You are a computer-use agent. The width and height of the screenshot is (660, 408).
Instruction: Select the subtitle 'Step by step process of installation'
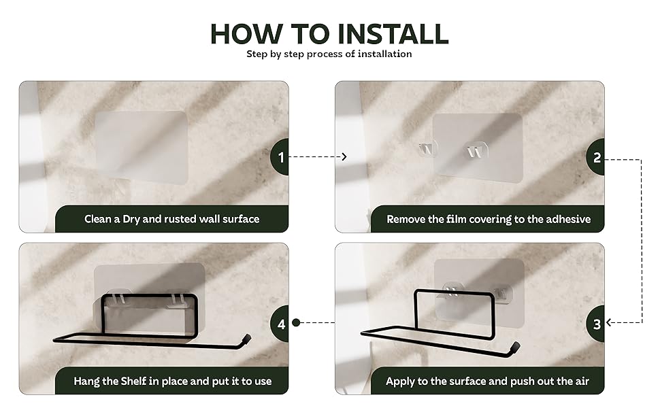tap(329, 54)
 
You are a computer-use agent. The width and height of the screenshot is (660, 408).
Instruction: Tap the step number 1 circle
tap(281, 157)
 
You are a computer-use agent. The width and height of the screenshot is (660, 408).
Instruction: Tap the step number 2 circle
tap(597, 157)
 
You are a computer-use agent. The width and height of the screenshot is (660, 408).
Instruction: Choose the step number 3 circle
tap(597, 323)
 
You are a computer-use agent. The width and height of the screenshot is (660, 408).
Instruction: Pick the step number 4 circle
tap(281, 323)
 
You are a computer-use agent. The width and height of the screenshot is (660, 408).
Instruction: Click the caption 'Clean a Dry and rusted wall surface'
tap(171, 219)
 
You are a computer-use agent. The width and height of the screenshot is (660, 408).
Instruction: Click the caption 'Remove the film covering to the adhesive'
tap(489, 219)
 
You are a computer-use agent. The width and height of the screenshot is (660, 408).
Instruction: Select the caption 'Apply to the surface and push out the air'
tap(487, 381)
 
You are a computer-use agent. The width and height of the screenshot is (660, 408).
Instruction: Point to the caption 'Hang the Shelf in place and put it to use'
tap(171, 381)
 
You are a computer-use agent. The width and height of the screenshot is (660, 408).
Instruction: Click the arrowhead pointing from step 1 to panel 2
tap(344, 157)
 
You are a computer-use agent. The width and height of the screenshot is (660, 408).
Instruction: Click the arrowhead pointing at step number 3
tap(610, 323)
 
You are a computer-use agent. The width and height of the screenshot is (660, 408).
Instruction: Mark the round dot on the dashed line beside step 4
tap(296, 323)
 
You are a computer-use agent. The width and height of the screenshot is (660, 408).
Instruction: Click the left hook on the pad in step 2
tap(425, 149)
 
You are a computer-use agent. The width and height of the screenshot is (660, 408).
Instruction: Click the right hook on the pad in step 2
tap(474, 150)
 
